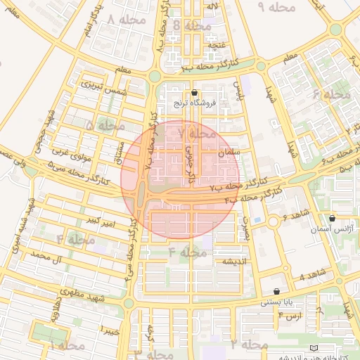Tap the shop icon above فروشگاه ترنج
pyautogui.click(x=195, y=92)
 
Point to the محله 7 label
pyautogui.click(x=197, y=132)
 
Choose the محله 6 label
pyautogui.click(x=330, y=94)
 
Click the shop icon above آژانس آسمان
pyautogui.click(x=332, y=219)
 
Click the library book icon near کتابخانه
pyautogui.click(x=314, y=349)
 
